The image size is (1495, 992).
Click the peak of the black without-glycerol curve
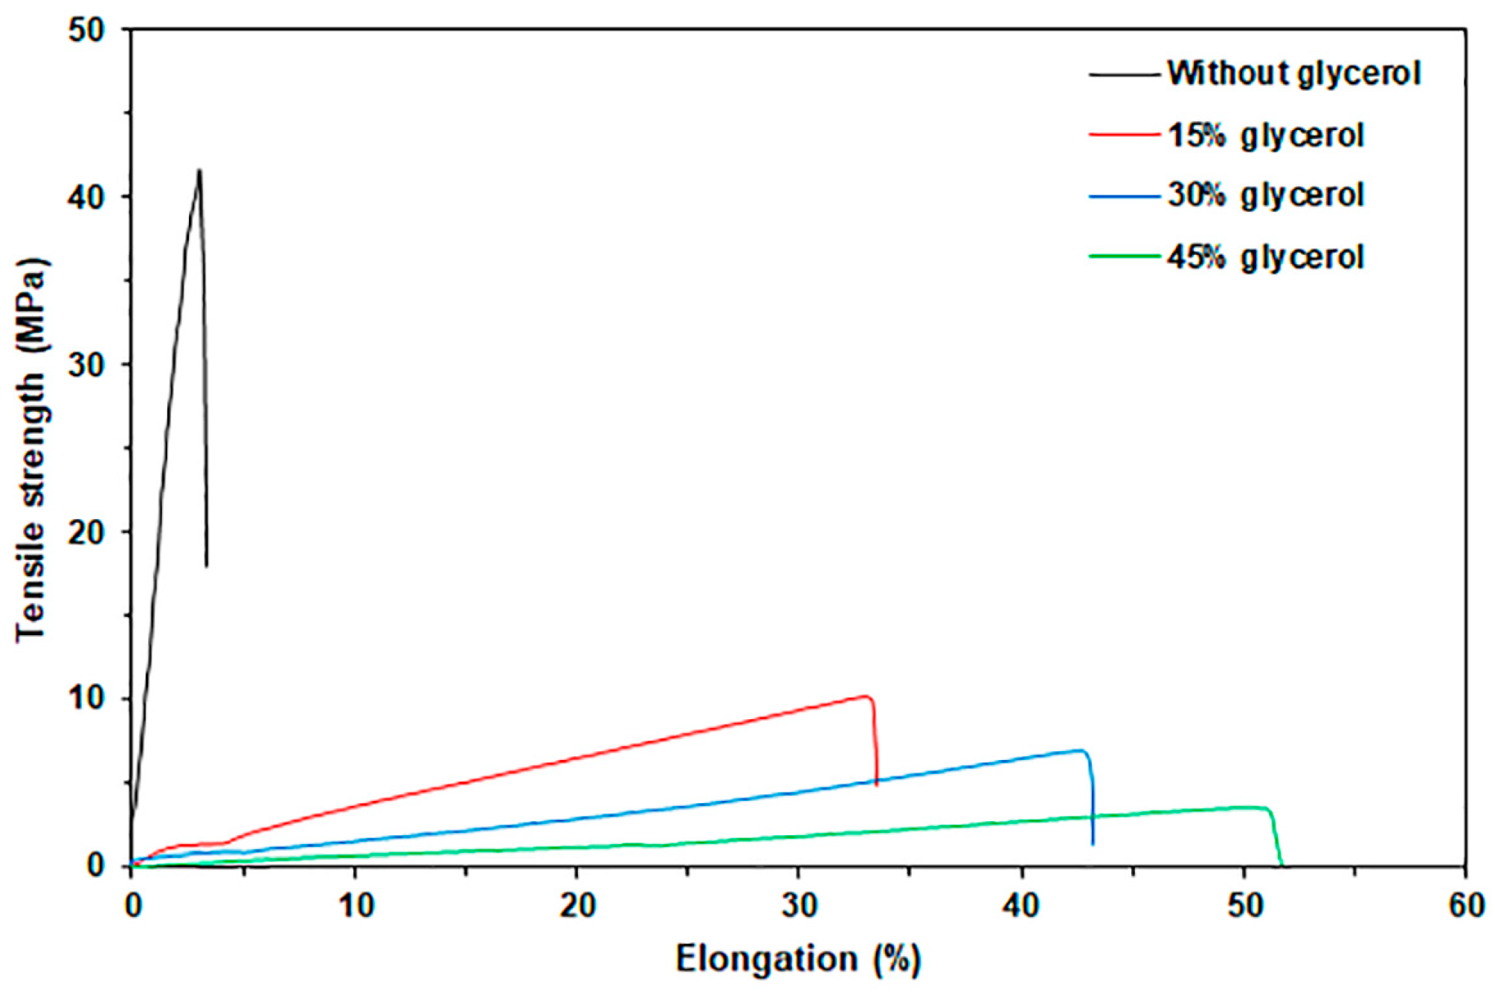click(x=199, y=170)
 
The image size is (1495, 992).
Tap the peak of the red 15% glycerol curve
click(x=865, y=696)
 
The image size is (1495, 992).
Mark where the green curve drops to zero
click(x=1282, y=865)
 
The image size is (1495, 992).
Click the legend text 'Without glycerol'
click(x=1293, y=74)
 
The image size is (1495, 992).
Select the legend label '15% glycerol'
click(x=1265, y=135)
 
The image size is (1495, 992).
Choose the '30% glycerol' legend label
click(x=1265, y=196)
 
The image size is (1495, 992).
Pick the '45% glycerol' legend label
click(x=1265, y=257)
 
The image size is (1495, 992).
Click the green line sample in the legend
click(x=1124, y=257)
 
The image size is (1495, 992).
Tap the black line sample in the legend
click(x=1124, y=74)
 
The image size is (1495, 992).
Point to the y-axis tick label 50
click(x=88, y=30)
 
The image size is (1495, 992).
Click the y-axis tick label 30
click(x=88, y=365)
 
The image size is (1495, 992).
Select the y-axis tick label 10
click(x=88, y=699)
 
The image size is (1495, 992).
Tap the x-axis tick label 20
click(x=576, y=906)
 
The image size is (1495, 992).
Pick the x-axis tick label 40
click(x=1021, y=906)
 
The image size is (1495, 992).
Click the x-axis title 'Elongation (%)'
click(x=798, y=959)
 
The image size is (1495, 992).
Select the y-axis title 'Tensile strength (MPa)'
click(x=31, y=449)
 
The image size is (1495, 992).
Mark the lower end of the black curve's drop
click(x=207, y=566)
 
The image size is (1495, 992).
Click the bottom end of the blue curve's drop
click(x=1093, y=844)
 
